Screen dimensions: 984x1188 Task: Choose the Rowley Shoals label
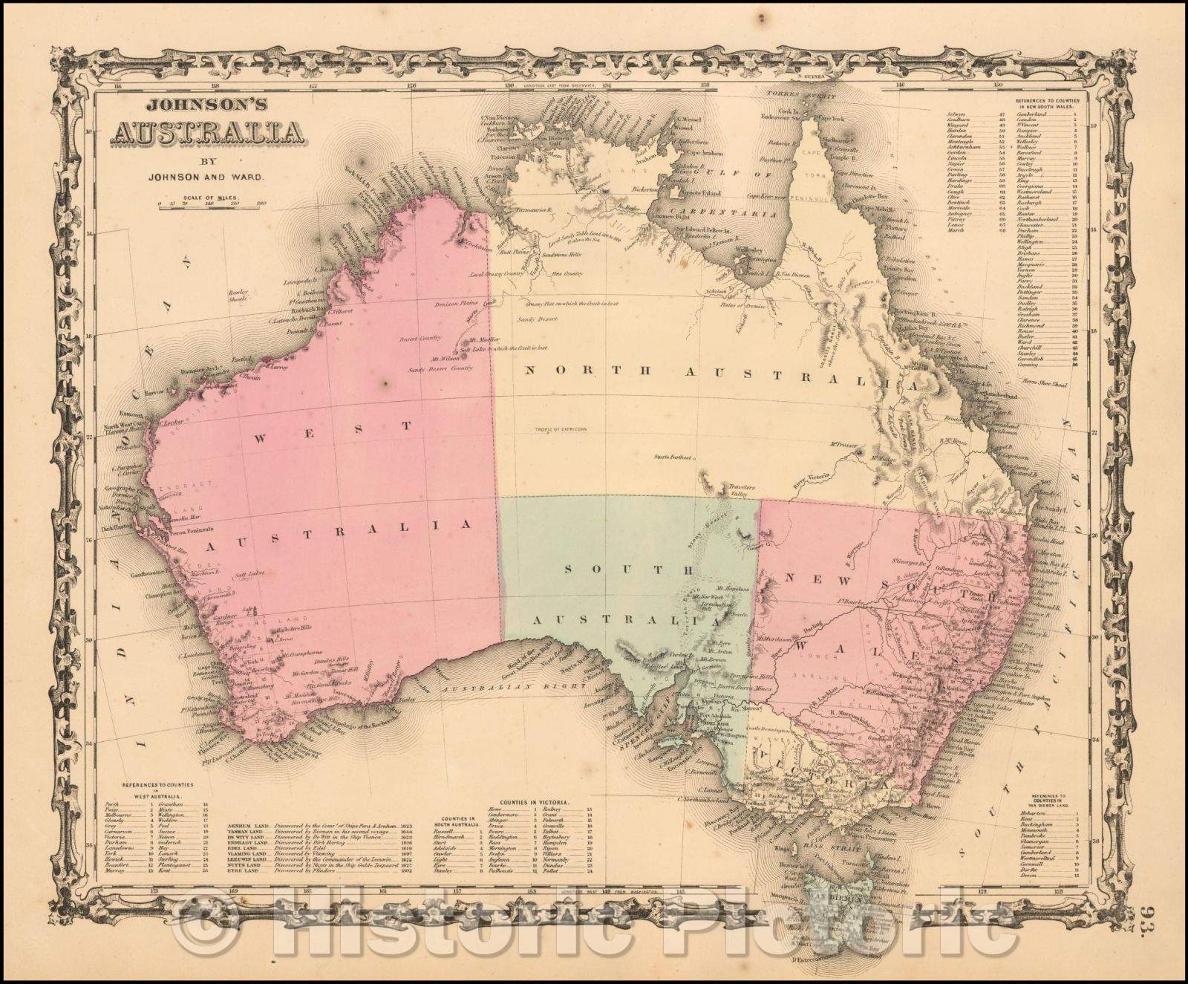pos(243,295)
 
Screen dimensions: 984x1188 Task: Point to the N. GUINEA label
pos(810,76)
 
